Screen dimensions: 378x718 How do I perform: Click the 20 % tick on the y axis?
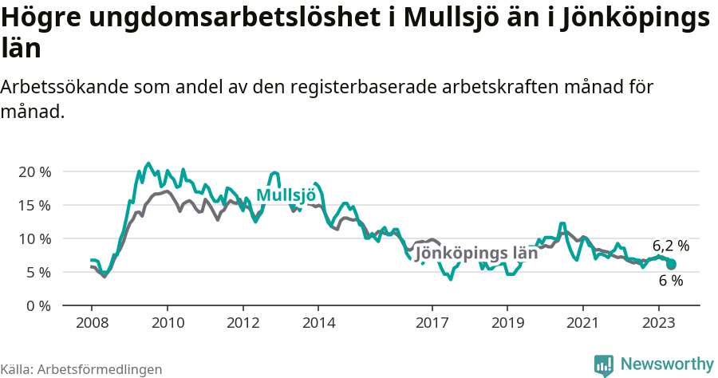coord(34,171)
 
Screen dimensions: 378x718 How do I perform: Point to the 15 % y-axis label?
coord(34,205)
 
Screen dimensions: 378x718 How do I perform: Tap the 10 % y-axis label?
coord(34,238)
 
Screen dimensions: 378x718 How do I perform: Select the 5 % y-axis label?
coord(37,272)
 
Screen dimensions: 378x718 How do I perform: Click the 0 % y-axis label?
coord(37,305)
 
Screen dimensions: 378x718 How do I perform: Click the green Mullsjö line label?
coord(286,195)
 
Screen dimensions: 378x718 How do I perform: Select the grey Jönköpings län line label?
coord(477,254)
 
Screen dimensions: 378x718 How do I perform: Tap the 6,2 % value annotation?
coord(670,246)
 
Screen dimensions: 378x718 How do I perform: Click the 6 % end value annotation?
coord(671,281)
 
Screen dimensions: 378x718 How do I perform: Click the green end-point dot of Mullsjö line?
coord(671,264)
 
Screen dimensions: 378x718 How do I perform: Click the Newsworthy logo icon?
coord(604,364)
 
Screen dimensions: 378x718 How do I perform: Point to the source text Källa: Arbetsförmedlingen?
coord(81,369)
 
